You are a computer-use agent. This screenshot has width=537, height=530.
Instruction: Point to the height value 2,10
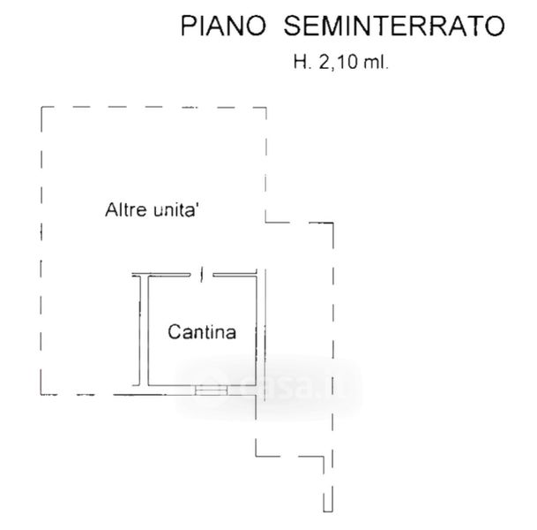pyautogui.click(x=339, y=63)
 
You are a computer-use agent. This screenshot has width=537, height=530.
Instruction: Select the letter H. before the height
pyautogui.click(x=302, y=63)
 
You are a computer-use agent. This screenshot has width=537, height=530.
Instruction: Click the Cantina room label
pyautogui.click(x=202, y=333)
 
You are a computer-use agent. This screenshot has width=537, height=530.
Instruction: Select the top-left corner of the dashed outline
pyautogui.click(x=41, y=108)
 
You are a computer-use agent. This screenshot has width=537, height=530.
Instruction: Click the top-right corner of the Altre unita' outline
pyautogui.click(x=266, y=108)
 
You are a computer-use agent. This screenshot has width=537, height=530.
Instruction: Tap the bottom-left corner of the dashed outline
pyautogui.click(x=41, y=394)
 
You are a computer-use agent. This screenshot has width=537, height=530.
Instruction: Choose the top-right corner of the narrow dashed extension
pyautogui.click(x=332, y=223)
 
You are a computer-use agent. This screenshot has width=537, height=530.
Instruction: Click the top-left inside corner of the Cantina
pyautogui.click(x=149, y=277)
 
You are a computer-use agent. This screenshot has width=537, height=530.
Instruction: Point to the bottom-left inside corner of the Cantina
pyautogui.click(x=149, y=385)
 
